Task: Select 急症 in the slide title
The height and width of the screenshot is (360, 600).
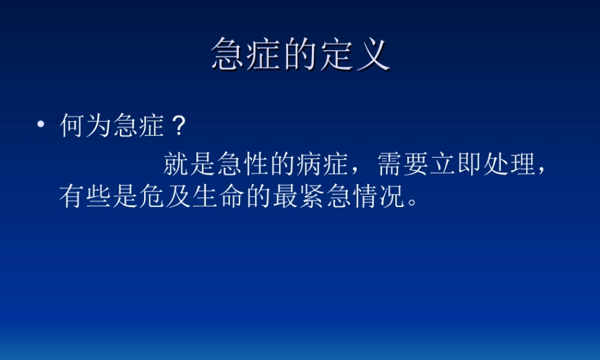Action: click(x=247, y=55)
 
